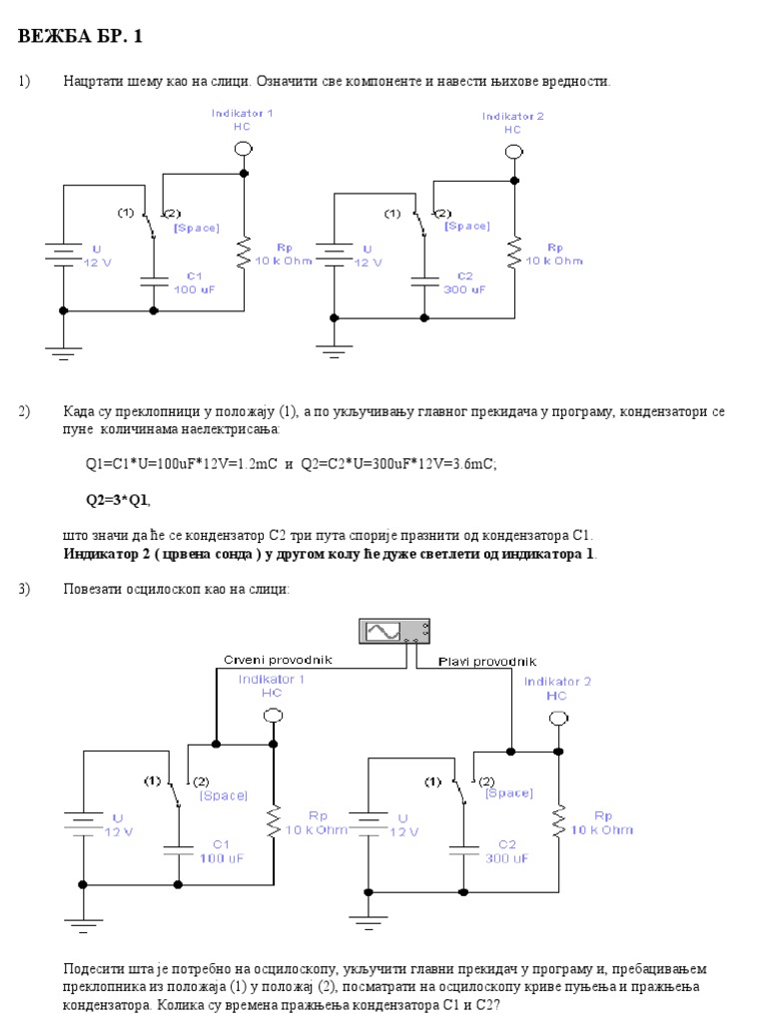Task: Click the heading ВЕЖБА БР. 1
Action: click(x=81, y=37)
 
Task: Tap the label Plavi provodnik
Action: click(x=487, y=661)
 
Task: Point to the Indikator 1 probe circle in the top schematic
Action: click(x=243, y=149)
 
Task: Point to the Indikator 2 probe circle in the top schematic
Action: click(x=513, y=152)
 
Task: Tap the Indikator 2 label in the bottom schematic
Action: click(x=557, y=689)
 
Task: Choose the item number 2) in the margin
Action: click(x=24, y=410)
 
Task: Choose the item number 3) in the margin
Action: click(x=24, y=589)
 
